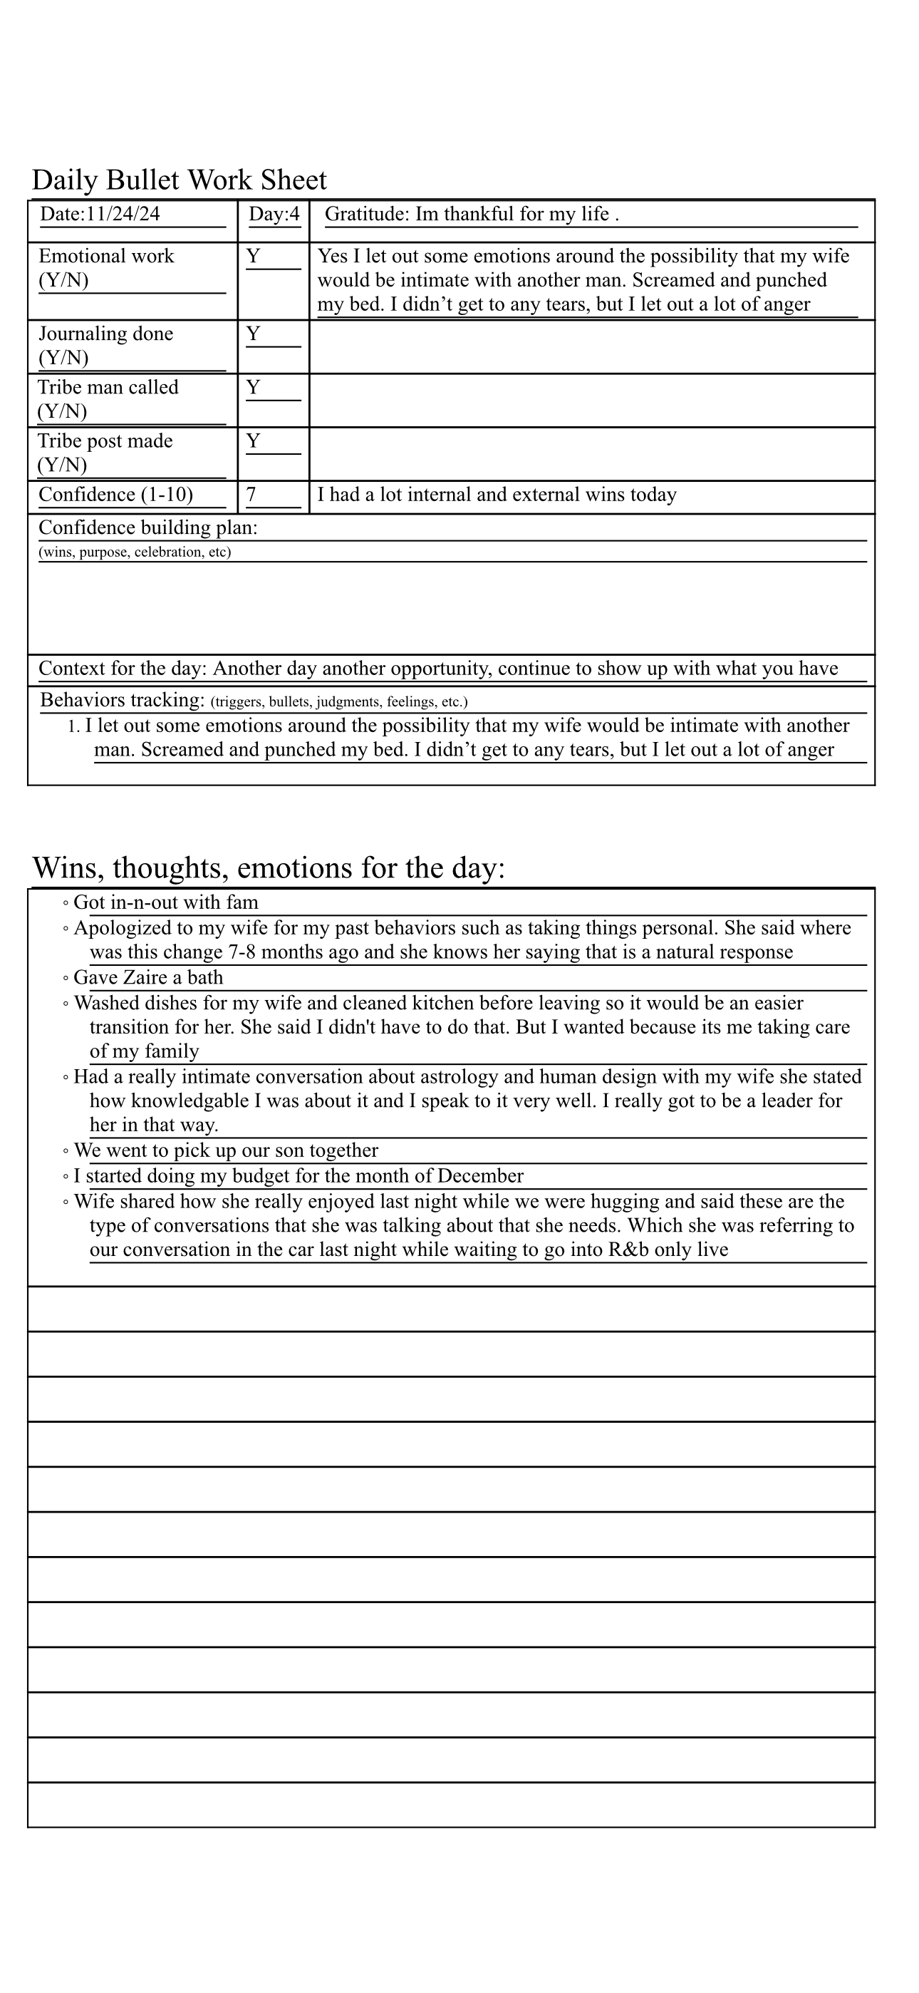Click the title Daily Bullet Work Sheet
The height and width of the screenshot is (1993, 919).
tap(179, 180)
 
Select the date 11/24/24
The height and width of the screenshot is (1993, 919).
tap(123, 215)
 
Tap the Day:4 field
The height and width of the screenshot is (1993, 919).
tap(274, 215)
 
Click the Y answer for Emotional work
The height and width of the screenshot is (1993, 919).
tap(253, 256)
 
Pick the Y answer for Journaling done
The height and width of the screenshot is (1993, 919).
tap(253, 334)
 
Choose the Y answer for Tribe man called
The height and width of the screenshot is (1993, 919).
tap(253, 387)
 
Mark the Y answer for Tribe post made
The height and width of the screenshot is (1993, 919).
tap(253, 441)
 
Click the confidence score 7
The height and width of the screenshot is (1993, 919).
tap(251, 495)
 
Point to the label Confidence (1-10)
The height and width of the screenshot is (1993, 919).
tap(116, 495)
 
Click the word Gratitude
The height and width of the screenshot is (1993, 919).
tap(366, 215)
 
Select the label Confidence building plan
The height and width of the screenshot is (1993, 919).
tap(147, 527)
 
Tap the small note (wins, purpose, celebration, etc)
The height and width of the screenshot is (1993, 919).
tap(135, 552)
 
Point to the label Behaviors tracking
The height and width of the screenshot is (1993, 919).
tap(123, 700)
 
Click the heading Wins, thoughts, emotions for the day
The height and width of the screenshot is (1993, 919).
tap(269, 868)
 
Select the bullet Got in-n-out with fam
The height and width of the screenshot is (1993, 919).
tap(165, 903)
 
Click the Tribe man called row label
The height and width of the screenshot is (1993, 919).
tap(108, 388)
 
